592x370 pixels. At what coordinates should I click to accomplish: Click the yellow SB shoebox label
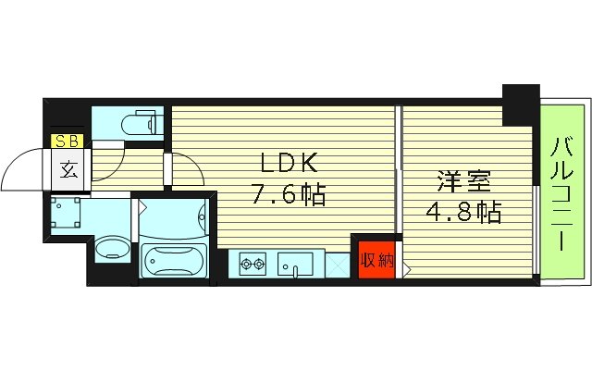coord(68,142)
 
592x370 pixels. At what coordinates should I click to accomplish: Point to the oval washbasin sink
coord(113,248)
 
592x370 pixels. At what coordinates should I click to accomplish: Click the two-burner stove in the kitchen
coord(253,265)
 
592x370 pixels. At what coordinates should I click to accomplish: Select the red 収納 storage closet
coord(373,260)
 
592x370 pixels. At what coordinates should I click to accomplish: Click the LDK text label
coord(290,165)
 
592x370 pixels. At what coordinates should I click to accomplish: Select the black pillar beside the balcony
coord(520,105)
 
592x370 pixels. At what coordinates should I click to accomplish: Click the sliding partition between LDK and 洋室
coord(398,171)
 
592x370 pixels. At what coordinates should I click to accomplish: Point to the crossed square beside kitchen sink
coord(337,265)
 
